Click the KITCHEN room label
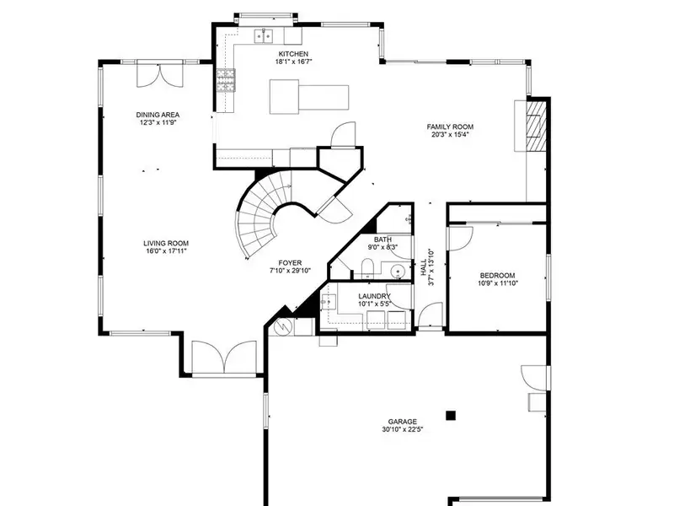click(x=293, y=54)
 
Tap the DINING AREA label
click(x=158, y=115)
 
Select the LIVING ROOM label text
click(x=166, y=243)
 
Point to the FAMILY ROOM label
click(x=450, y=126)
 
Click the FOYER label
click(x=290, y=263)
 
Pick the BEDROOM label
click(x=497, y=276)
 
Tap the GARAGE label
click(x=403, y=422)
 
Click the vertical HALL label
click(x=424, y=266)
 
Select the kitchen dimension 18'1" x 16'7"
click(x=293, y=62)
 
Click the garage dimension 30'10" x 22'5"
click(x=403, y=429)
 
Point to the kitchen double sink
click(x=265, y=36)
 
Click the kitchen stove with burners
click(x=226, y=80)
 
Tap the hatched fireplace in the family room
click(x=537, y=126)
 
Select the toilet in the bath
click(x=367, y=268)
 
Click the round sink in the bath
click(x=399, y=272)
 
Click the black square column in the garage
click(x=451, y=415)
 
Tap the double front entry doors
click(x=224, y=357)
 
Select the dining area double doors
click(x=160, y=75)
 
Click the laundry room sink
click(x=329, y=302)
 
